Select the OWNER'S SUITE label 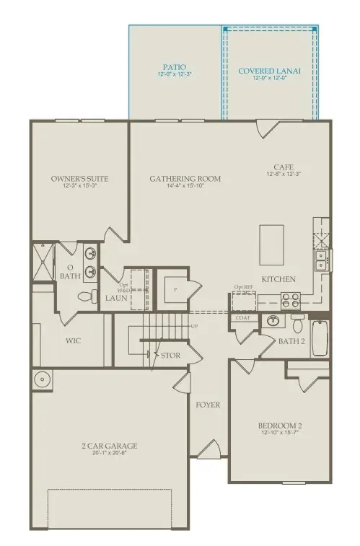[79, 179]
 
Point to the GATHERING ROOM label [185, 179]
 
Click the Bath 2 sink [273, 321]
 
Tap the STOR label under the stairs [171, 356]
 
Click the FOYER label [208, 405]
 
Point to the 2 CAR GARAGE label [110, 446]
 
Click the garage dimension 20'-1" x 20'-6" [110, 454]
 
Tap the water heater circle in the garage [41, 379]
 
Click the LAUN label [115, 296]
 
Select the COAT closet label [242, 317]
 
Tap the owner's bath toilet [84, 296]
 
